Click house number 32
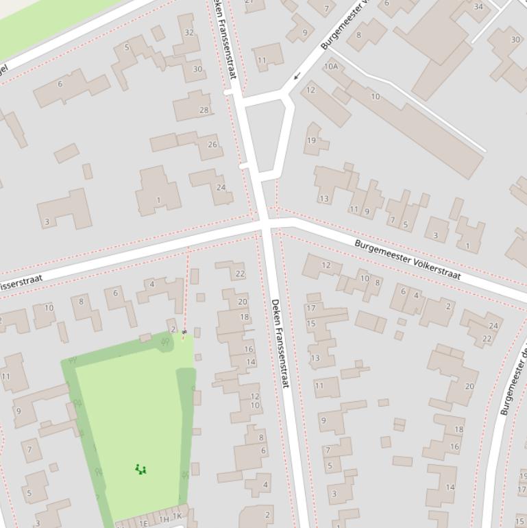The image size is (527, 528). (189, 32)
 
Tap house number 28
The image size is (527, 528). (204, 110)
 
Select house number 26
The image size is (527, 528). (212, 145)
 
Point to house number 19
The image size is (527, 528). (311, 141)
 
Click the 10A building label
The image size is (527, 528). (331, 67)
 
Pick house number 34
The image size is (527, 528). (478, 7)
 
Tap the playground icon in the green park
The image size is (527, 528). (140, 470)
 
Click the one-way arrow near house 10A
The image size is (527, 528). (296, 76)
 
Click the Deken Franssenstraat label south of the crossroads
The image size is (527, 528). (280, 343)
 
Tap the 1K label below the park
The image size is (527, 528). (177, 516)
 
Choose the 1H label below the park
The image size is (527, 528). (164, 520)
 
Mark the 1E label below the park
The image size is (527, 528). (143, 523)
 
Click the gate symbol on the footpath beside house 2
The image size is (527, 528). (184, 332)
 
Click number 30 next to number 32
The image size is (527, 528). (197, 69)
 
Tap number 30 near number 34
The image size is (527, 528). (515, 39)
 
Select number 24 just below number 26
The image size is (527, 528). (221, 187)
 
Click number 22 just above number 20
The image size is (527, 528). (240, 274)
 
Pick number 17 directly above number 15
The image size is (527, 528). (311, 309)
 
